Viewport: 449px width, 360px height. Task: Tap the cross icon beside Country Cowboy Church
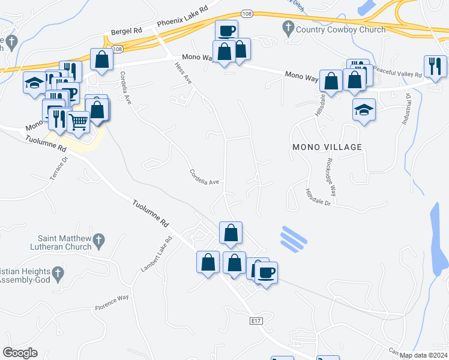pos(289,28)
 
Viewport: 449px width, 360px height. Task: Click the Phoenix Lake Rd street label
pos(182,17)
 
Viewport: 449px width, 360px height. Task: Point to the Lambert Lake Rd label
pos(155,253)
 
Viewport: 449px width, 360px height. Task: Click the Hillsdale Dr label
pos(318,197)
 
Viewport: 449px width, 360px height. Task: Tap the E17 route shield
pos(256,322)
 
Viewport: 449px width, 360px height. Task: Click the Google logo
pos(20,353)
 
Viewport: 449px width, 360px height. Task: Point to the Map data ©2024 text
pos(424,355)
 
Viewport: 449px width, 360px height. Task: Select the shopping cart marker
pos(79,122)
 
